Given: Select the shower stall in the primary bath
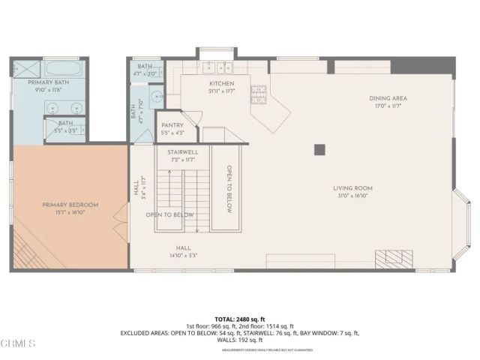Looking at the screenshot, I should (x=18, y=69).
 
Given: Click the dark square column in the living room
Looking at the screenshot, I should (x=319, y=148).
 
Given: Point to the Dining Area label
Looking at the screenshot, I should (x=388, y=98).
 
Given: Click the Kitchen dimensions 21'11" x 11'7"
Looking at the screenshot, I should (x=222, y=91).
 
